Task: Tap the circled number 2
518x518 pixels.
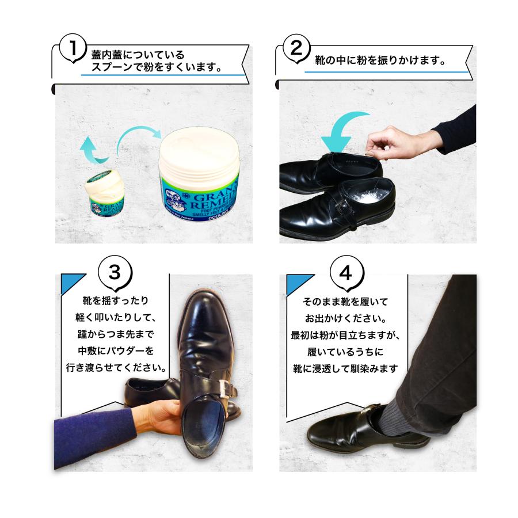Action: tap(296, 48)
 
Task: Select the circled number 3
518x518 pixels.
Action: tap(116, 272)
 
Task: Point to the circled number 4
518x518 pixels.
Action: tap(345, 272)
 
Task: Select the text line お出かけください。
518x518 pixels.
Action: tap(345, 318)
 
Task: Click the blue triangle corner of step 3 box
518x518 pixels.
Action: tap(71, 281)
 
